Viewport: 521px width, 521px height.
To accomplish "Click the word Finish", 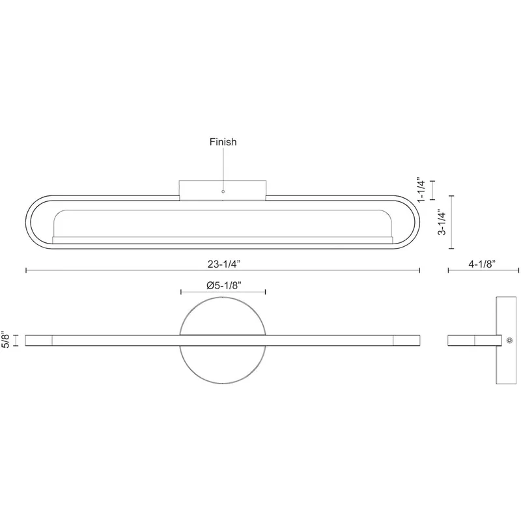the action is [x=223, y=142].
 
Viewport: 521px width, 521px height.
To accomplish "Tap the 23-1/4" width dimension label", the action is [x=224, y=264].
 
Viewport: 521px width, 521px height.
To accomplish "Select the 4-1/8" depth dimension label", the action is [x=482, y=264].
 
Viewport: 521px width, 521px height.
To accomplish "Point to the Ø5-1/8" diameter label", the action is [x=223, y=285].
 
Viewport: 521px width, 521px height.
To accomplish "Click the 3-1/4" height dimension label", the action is [x=442, y=222].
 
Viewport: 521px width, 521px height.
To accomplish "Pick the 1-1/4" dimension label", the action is [x=421, y=190].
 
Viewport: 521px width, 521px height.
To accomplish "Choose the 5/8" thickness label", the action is [x=6, y=339].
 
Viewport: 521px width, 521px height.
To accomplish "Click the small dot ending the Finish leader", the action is [x=223, y=191].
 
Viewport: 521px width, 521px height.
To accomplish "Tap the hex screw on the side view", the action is [x=509, y=340].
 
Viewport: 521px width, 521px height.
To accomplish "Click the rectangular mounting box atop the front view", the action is [x=223, y=190].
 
